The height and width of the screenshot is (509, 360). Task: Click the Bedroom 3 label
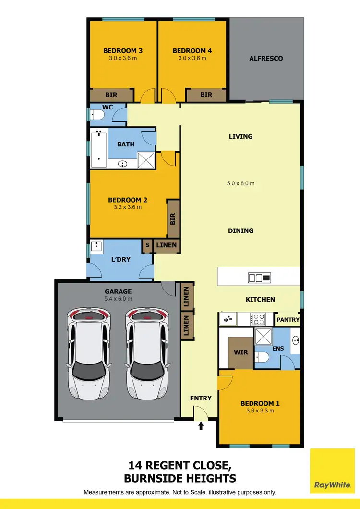pos(123,50)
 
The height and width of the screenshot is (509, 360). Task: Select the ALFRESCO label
pos(266,58)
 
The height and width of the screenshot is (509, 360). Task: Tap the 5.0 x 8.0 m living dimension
pos(240,183)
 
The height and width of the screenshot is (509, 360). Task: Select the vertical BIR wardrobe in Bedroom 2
pos(173,219)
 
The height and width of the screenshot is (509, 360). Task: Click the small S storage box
pos(147,245)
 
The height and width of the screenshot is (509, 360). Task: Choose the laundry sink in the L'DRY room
pos(98,246)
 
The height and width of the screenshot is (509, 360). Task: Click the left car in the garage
pos(89,354)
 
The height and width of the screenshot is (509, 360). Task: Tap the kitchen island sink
pos(259,277)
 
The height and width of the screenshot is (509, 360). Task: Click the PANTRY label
pos(288,319)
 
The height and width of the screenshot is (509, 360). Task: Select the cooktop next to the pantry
pos(259,319)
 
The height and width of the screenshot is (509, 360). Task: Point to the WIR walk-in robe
pos(240,352)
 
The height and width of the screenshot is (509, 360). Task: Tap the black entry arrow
pos(201,425)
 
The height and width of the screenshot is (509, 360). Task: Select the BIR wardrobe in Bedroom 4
pos(206,95)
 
